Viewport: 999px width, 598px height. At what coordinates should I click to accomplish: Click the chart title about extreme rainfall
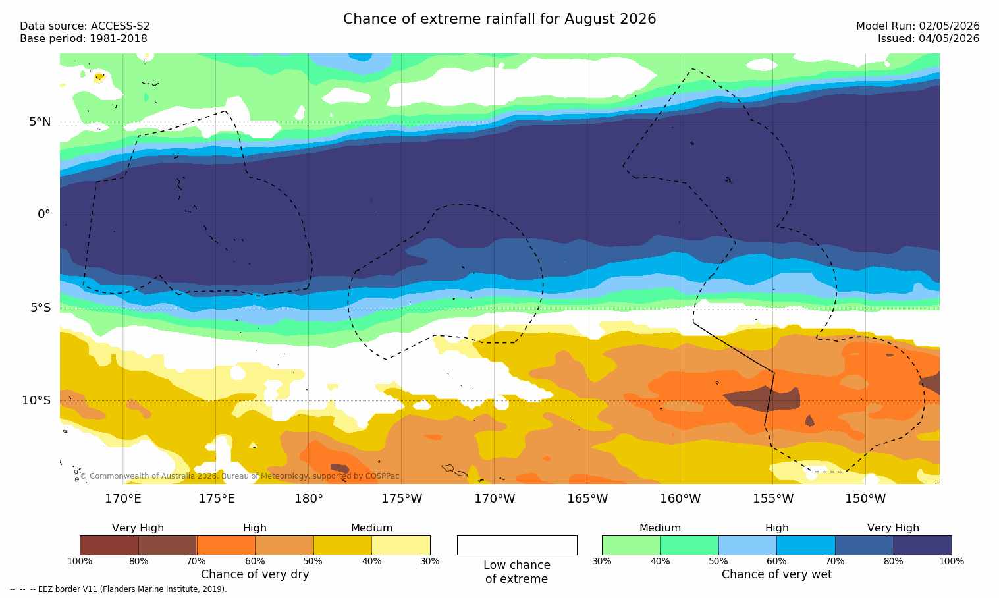[x=499, y=19]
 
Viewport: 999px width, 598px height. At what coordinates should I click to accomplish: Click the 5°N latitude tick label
[x=40, y=122]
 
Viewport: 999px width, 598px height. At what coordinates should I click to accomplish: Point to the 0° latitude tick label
[x=43, y=215]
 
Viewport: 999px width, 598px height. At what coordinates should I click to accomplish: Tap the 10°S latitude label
[x=37, y=400]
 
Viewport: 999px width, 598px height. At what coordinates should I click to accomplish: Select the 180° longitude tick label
[x=309, y=499]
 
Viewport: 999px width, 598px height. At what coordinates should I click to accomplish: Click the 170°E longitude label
[x=123, y=499]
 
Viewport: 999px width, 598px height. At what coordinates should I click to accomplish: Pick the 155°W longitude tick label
[x=773, y=499]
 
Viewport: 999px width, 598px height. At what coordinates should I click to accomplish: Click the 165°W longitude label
[x=587, y=499]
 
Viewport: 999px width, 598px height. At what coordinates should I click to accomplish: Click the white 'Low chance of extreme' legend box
[x=517, y=545]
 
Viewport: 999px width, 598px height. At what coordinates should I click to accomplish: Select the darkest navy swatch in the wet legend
[x=923, y=545]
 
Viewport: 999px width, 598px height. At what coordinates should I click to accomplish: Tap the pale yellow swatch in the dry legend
[x=401, y=545]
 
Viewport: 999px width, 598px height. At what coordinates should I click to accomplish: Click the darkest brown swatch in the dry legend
[x=109, y=545]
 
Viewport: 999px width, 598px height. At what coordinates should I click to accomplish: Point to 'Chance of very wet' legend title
[x=777, y=574]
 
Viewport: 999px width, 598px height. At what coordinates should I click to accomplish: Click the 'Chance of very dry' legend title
[x=255, y=574]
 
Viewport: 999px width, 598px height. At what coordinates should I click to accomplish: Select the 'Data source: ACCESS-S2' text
[x=85, y=26]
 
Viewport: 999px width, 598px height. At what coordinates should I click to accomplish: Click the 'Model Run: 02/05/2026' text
[x=918, y=26]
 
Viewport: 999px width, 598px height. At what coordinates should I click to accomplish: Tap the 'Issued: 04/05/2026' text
[x=929, y=39]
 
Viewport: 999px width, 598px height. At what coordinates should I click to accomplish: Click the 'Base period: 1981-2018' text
[x=84, y=39]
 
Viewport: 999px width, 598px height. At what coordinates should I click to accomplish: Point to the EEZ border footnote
[x=118, y=589]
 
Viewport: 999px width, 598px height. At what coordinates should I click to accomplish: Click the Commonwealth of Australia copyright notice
[x=240, y=476]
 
